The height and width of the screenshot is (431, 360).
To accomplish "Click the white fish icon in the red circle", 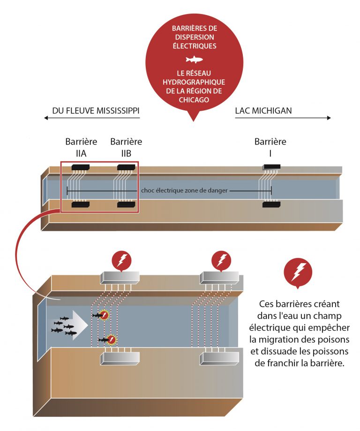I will [194, 60].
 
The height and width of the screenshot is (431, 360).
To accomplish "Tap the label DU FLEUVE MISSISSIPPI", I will [96, 111].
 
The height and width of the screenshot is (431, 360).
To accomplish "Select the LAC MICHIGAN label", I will [263, 111].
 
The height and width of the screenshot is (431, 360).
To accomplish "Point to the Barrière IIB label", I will [126, 147].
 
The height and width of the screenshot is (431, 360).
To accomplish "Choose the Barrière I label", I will [270, 147].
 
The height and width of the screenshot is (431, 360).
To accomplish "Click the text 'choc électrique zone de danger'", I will [180, 191].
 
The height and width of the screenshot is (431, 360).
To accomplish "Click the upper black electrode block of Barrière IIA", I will [81, 167].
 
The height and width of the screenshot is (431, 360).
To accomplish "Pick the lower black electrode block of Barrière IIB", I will [126, 204].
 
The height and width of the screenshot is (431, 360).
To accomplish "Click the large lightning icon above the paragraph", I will [298, 272].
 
